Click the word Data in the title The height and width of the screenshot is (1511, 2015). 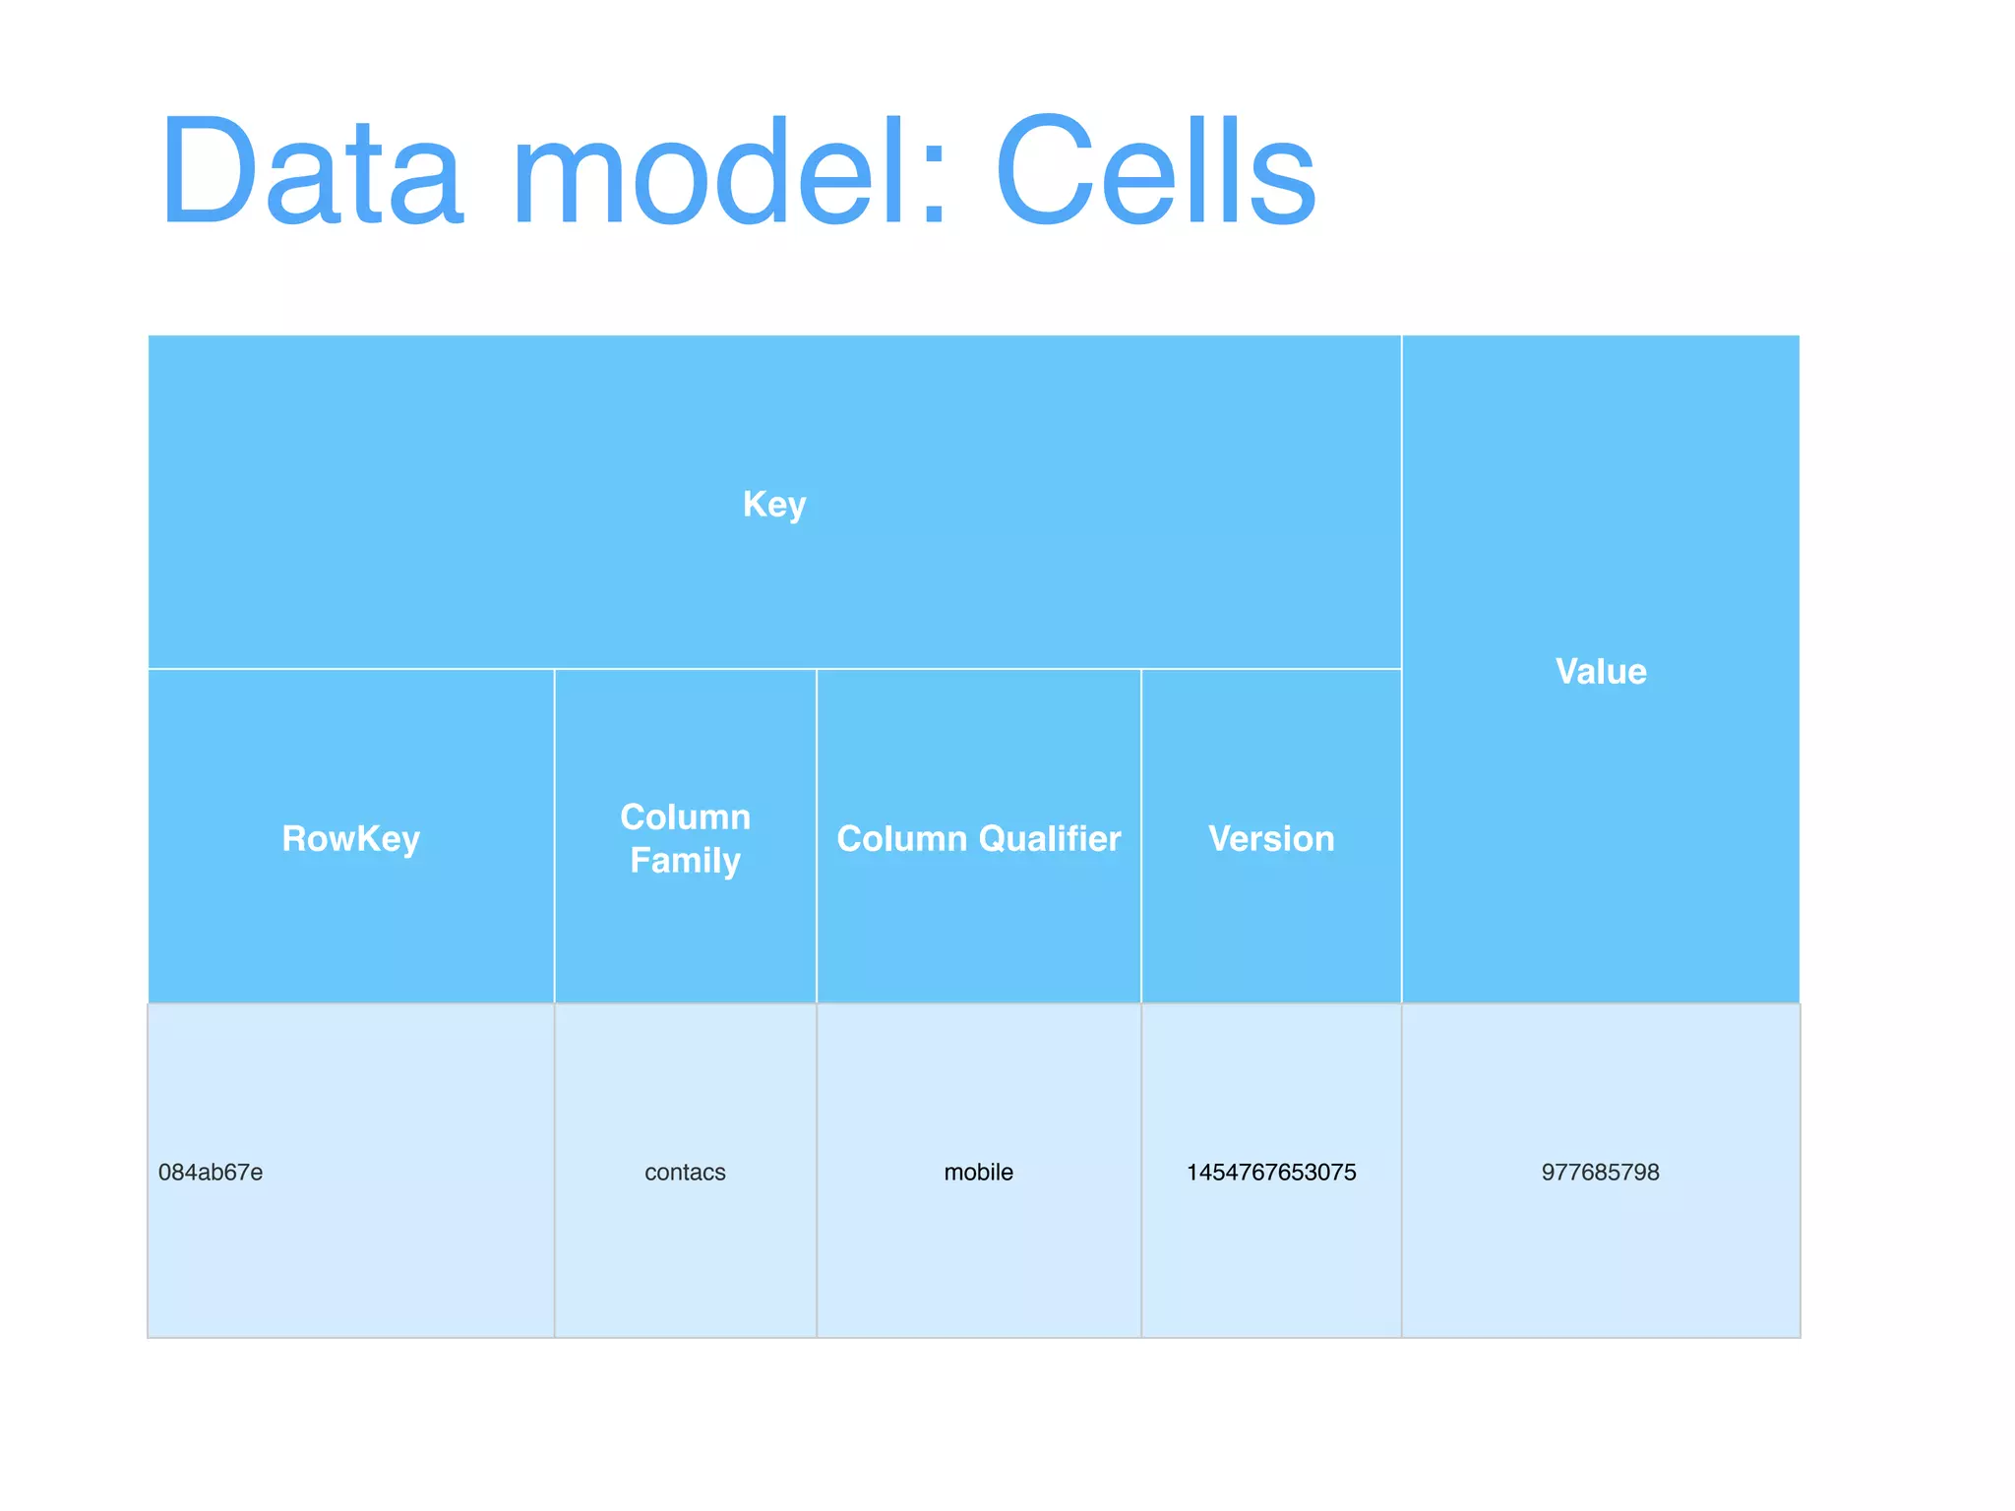click(311, 172)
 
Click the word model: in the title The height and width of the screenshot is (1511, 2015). click(728, 172)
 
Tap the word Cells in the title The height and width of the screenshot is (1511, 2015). click(1155, 172)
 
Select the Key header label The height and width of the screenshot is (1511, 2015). click(774, 505)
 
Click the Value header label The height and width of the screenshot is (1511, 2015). click(1601, 672)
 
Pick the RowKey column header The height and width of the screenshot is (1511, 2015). click(350, 839)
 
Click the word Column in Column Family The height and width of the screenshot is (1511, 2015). click(685, 817)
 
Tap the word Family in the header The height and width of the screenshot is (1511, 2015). click(685, 861)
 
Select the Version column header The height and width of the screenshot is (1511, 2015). click(1271, 839)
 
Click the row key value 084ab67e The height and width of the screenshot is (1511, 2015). click(211, 1173)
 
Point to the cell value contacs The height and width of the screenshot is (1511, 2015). click(685, 1173)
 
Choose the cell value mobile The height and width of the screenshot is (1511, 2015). click(978, 1173)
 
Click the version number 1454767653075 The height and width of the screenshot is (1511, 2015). click(1271, 1173)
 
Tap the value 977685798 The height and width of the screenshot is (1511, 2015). click(1600, 1173)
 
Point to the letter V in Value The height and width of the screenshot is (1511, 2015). click(1567, 672)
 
